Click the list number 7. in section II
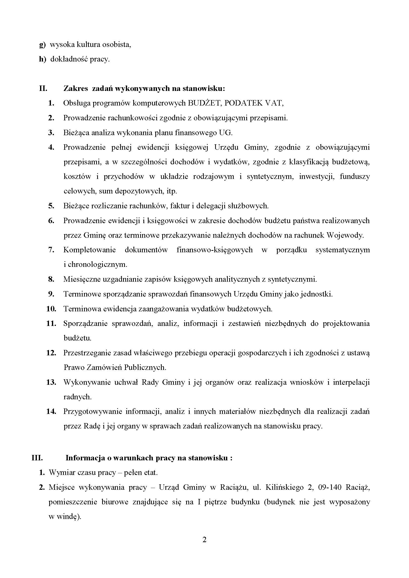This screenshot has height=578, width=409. click(x=51, y=250)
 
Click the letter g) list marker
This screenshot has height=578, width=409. click(x=42, y=45)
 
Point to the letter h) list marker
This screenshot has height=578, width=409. click(x=43, y=59)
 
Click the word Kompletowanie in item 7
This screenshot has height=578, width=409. click(x=90, y=250)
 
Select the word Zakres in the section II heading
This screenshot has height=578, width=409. click(x=76, y=89)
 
